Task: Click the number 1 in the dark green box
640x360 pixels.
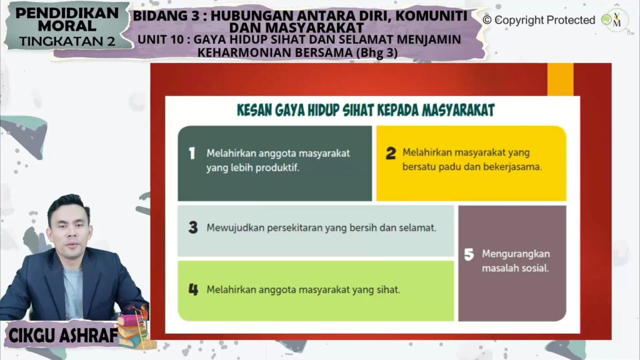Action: pos(192,154)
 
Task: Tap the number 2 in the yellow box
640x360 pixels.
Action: pos(391,153)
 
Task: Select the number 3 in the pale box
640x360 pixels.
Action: pos(193,227)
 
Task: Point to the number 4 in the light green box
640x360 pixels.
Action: pos(193,289)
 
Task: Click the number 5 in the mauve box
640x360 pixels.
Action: pos(469,254)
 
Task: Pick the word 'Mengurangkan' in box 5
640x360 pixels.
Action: pos(516,254)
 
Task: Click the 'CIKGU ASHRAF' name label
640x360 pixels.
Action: pos(63,336)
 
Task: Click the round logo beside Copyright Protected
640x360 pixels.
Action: pos(615,20)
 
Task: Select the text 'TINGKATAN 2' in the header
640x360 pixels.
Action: pos(67,41)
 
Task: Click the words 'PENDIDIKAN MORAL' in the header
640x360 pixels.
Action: pos(67,19)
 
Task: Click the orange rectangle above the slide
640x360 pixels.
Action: pos(560,79)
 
